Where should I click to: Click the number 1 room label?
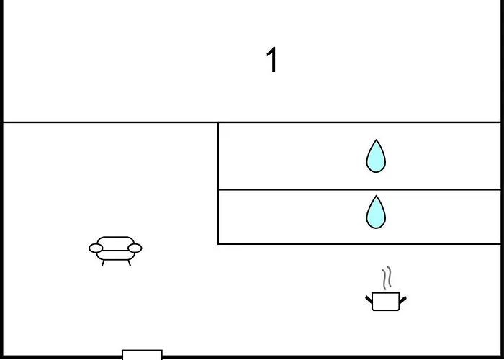[x=271, y=60]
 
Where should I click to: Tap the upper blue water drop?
[x=375, y=158]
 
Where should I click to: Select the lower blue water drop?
[x=375, y=213]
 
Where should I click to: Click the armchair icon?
[x=115, y=250]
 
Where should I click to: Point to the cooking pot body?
[x=385, y=302]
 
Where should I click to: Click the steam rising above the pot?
[x=387, y=278]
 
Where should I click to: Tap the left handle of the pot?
[x=369, y=299]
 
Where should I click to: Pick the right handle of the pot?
[x=402, y=299]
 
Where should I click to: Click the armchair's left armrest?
[x=96, y=249]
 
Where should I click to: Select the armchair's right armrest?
[x=135, y=249]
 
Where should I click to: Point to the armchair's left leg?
[x=104, y=263]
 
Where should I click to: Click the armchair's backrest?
[x=115, y=240]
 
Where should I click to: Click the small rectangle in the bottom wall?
[x=142, y=354]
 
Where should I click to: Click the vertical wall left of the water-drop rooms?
[x=218, y=183]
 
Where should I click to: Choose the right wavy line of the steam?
[x=390, y=278]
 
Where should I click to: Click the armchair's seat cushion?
[x=115, y=254]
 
